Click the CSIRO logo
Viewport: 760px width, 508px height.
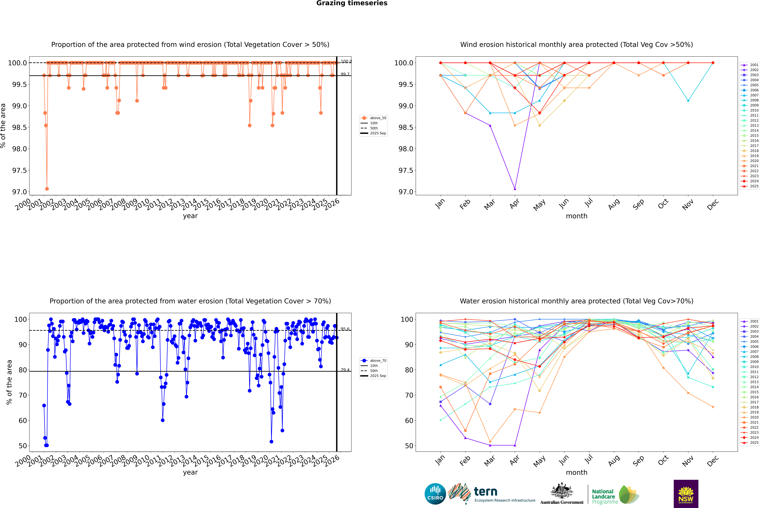(x=435, y=494)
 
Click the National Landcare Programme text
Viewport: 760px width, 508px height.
(x=603, y=496)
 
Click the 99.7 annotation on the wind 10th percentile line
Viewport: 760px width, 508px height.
(x=345, y=74)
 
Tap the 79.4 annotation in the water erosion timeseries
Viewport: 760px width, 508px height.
(x=345, y=370)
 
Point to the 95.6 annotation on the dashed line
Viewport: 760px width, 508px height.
(x=345, y=329)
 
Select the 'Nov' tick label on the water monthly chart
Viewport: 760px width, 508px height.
(x=688, y=461)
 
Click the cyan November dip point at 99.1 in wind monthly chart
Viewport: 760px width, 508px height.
(x=688, y=101)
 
